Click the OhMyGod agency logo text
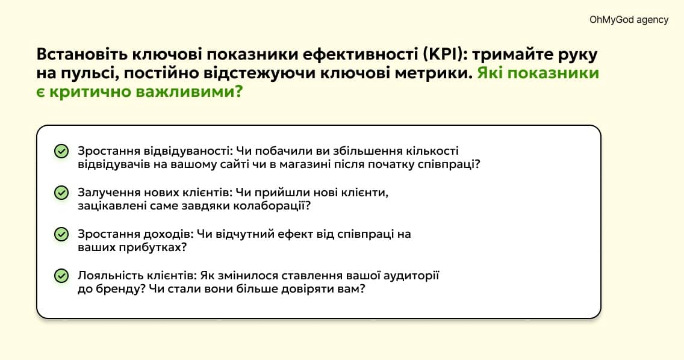629,20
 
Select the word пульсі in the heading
89,74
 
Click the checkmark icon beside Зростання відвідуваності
61,151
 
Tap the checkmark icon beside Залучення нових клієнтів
61,193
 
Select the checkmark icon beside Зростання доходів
61,234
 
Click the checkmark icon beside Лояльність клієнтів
61,276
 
